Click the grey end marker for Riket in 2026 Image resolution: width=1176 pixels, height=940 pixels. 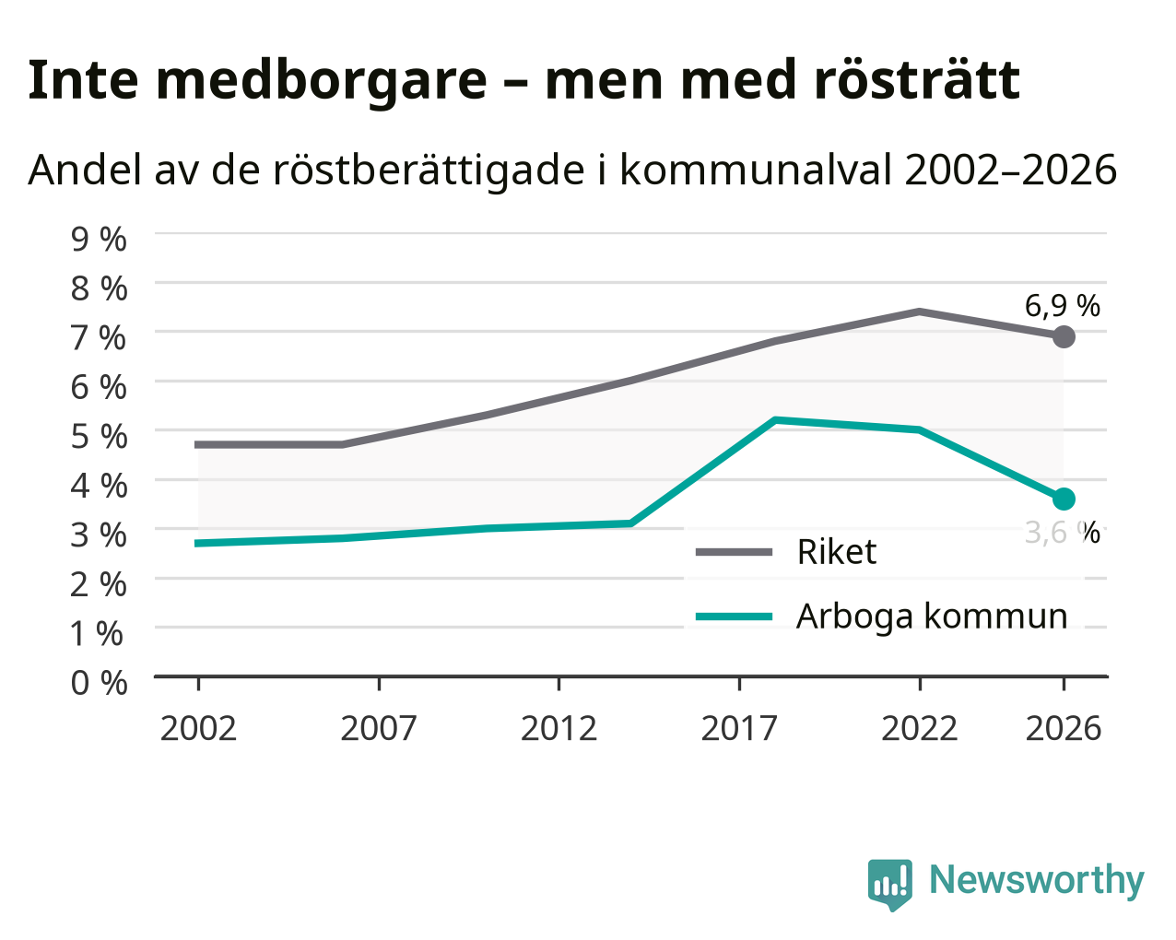point(1064,336)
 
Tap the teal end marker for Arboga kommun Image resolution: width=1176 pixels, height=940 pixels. point(1064,499)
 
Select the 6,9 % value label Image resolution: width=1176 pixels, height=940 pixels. point(1063,306)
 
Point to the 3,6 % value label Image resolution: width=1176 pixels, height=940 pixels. point(1063,533)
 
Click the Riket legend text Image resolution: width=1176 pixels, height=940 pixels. point(837,551)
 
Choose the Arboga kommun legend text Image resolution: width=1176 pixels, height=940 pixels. point(932,617)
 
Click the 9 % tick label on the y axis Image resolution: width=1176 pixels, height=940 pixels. point(99,240)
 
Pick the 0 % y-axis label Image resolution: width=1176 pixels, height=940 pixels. point(99,683)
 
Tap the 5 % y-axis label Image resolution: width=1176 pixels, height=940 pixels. point(99,437)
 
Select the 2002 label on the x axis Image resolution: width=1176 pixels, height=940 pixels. point(198,728)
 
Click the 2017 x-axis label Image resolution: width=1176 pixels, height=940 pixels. point(739,728)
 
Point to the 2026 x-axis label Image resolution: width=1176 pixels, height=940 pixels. point(1064,728)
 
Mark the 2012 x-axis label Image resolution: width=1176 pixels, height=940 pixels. point(559,728)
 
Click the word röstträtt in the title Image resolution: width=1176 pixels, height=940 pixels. point(916,80)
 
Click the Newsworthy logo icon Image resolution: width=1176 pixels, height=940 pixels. point(890,886)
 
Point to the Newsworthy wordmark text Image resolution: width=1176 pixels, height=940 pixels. point(1037,881)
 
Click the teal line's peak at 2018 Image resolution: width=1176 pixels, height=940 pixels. point(775,420)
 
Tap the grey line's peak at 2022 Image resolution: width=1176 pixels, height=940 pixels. point(920,311)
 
